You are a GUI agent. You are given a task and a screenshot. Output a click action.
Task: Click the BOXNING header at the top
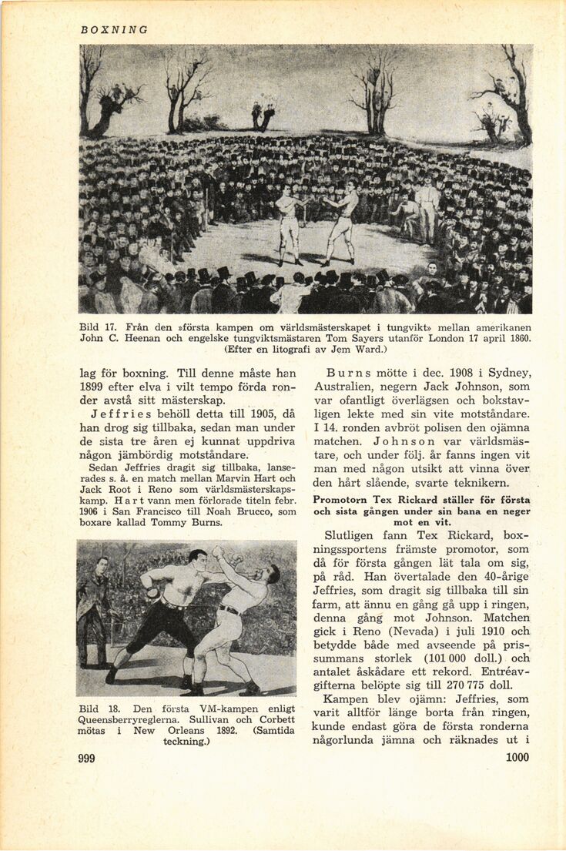(x=113, y=30)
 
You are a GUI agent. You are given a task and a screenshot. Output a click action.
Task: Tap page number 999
(x=86, y=759)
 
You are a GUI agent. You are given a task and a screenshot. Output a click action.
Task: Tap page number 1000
(x=517, y=757)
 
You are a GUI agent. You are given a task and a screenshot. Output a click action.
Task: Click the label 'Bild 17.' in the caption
(x=97, y=327)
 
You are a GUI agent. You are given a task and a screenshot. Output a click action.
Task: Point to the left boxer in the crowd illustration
(x=289, y=225)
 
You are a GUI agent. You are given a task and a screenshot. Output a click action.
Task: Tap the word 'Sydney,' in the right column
(x=507, y=374)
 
